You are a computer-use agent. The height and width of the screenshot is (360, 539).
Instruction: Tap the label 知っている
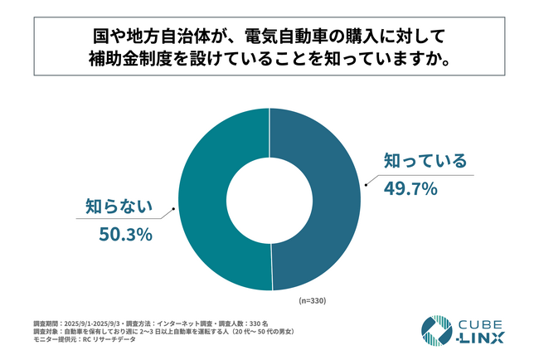[424, 160]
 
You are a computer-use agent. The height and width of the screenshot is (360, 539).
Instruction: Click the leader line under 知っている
[415, 176]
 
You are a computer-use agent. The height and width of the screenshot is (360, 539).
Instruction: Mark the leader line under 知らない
[124, 219]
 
